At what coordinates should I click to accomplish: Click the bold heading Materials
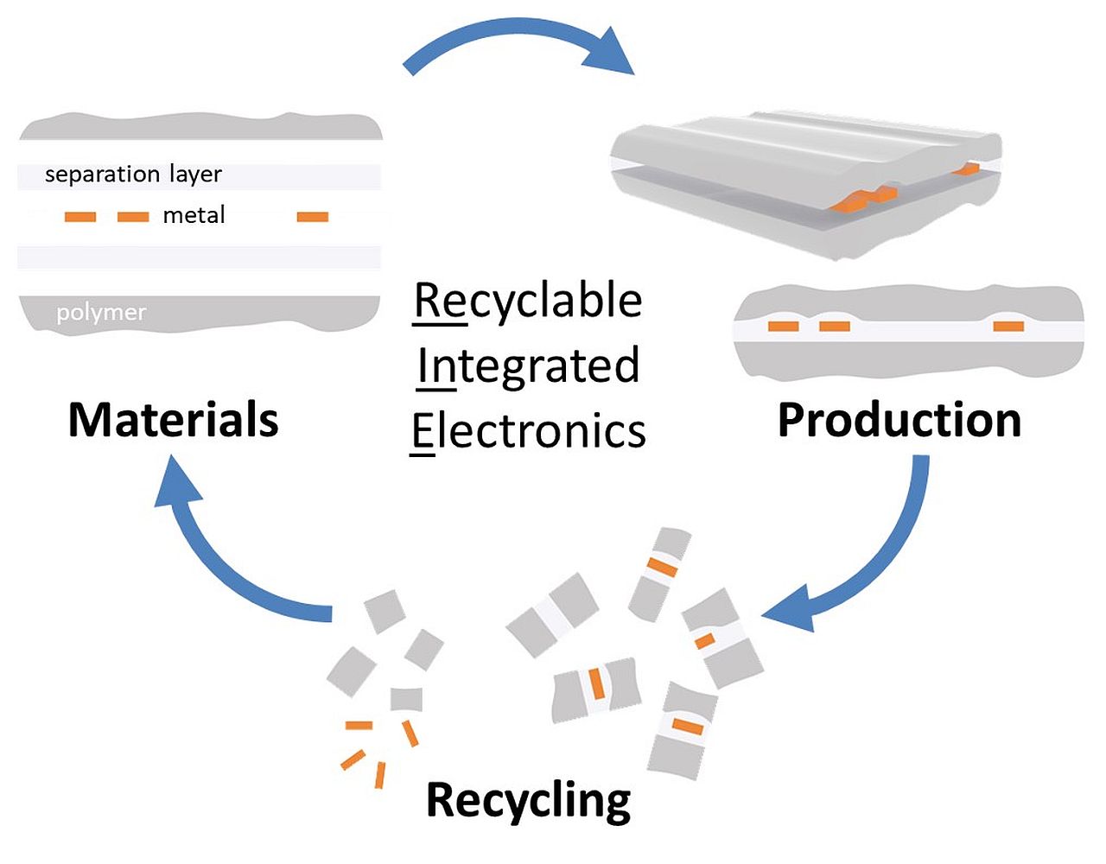click(174, 420)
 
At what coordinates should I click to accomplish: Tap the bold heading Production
click(899, 420)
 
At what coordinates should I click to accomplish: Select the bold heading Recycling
click(528, 799)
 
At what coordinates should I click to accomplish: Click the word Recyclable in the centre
click(528, 301)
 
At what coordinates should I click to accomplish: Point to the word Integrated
click(528, 365)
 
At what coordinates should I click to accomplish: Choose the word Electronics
click(528, 430)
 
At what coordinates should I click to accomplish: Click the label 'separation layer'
click(133, 175)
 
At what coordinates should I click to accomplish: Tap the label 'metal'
click(194, 215)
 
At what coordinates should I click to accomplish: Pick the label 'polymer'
click(101, 312)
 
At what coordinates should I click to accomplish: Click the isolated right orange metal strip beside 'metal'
click(313, 216)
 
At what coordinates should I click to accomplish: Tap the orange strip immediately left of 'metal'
click(133, 216)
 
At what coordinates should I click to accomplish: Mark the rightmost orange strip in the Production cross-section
click(1008, 326)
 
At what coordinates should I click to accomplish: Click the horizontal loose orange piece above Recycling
click(358, 725)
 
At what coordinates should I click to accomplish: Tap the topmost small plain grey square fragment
click(385, 611)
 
